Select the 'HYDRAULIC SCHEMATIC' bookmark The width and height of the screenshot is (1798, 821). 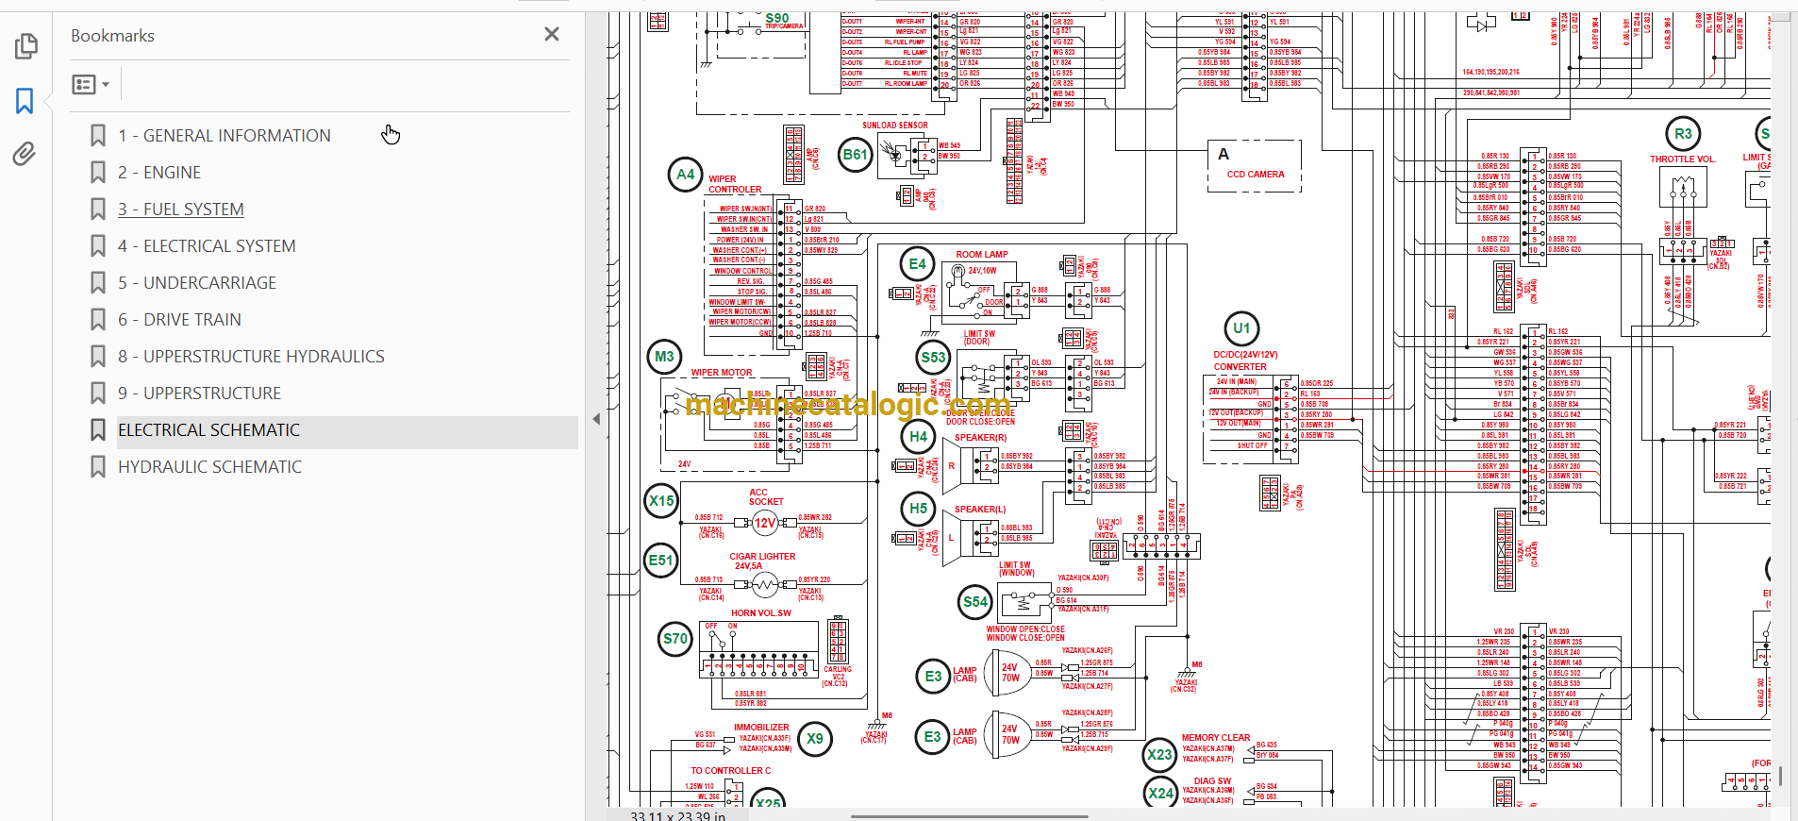coord(209,467)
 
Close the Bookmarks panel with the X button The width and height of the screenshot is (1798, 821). coord(552,35)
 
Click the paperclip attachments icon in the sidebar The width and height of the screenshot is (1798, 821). coord(25,154)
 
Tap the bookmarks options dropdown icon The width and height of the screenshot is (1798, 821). coord(91,85)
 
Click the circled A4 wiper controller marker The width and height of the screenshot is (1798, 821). coord(686,175)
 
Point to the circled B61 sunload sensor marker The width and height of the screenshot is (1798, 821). coord(856,155)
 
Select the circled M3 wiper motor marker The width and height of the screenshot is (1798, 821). coord(665,357)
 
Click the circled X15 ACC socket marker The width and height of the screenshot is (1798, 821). coord(662,501)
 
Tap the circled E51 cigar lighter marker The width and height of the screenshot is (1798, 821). coord(661,561)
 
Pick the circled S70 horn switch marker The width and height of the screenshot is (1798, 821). coord(675,639)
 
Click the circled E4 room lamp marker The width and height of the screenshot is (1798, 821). coord(918,264)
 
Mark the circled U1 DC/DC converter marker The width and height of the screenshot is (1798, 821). coord(1241,328)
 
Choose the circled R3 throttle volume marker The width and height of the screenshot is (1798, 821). coord(1684,133)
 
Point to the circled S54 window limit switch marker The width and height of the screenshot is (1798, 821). coord(975,602)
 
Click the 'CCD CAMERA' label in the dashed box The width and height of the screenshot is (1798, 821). coord(1256,175)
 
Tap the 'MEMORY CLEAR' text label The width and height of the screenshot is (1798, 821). coord(1216,738)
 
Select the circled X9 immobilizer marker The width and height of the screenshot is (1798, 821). coord(815,739)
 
